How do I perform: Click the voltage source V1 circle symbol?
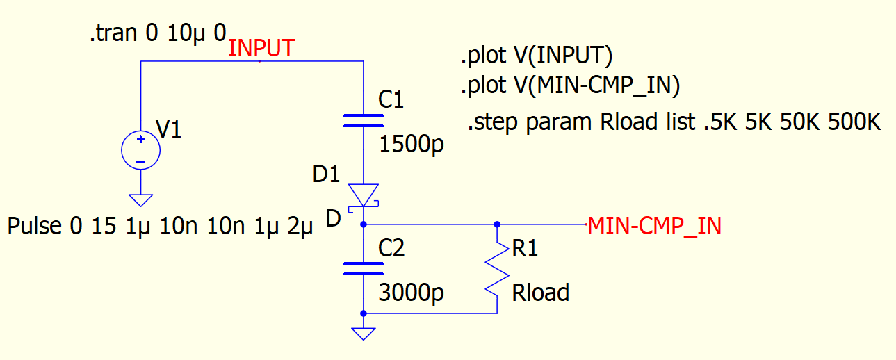coord(140,150)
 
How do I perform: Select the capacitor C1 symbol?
coord(364,120)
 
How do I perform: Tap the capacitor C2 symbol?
coord(364,268)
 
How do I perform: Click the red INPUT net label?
coord(261,49)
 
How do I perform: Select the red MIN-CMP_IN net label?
coord(654,226)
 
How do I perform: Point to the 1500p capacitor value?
coord(412,145)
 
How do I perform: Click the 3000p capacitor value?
coord(412,293)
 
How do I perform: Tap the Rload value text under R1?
coord(540,293)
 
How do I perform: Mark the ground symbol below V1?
coord(140,200)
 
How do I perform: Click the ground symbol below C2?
coord(364,334)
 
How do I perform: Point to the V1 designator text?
coord(169,129)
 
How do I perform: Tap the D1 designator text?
coord(326,174)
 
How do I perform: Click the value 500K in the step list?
coord(854,122)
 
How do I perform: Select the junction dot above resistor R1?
coord(496,224)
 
